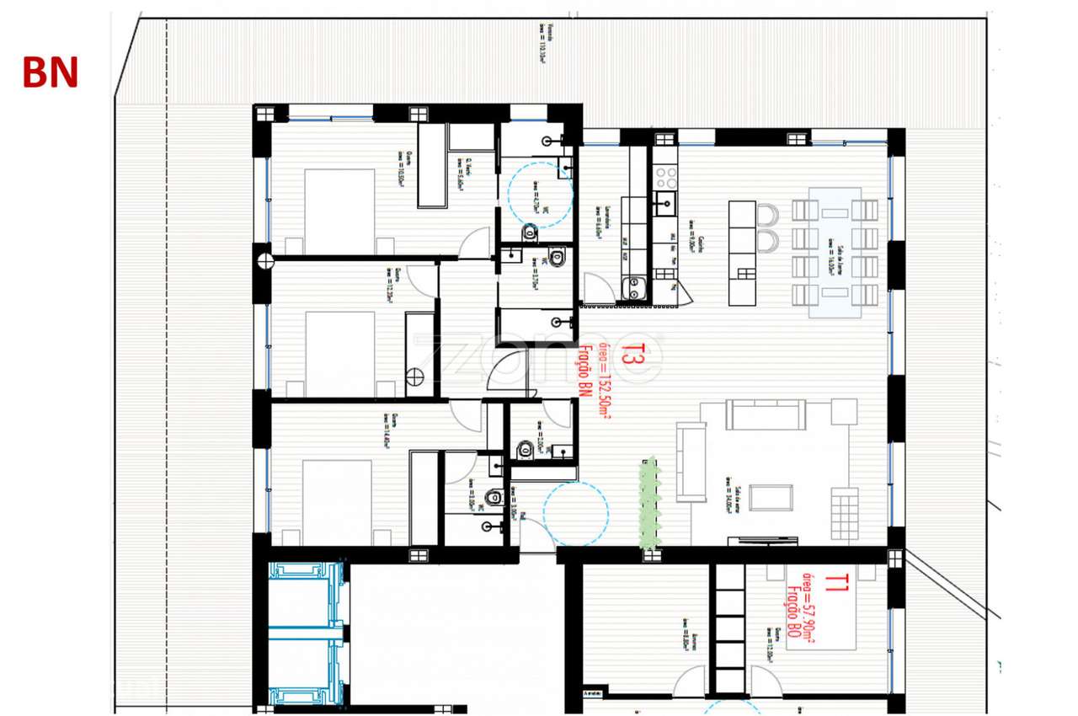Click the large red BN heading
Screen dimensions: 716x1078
[51, 74]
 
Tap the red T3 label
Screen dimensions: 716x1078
[627, 355]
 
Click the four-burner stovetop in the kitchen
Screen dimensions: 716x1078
[666, 176]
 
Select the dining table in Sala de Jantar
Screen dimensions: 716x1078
[835, 252]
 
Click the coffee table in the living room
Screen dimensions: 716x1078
[771, 497]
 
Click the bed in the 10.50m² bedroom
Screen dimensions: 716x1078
[339, 210]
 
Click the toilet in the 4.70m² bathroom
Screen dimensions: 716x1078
[528, 231]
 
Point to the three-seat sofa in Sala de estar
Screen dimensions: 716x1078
[766, 414]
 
